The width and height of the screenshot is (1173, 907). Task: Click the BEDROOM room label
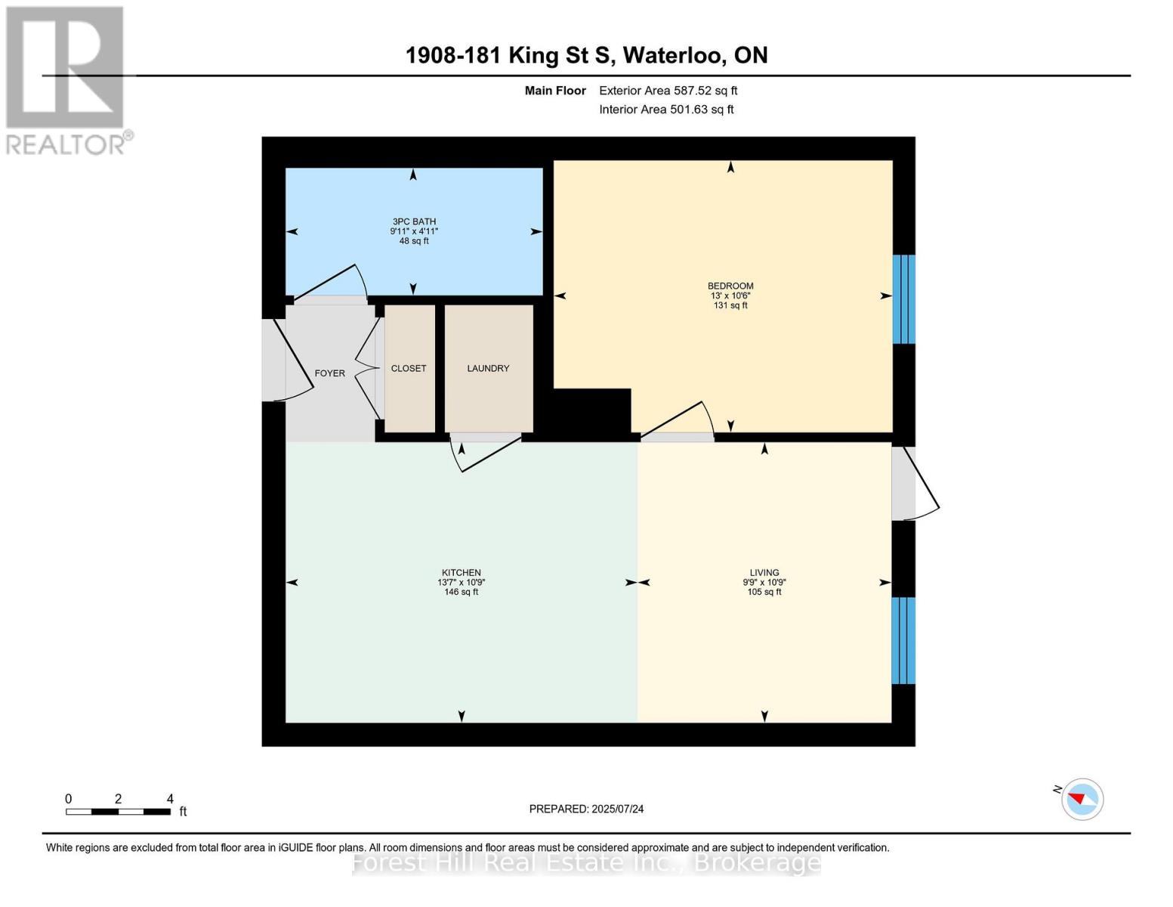pos(730,286)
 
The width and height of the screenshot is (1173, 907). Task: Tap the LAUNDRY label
pos(488,368)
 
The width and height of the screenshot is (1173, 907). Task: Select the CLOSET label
pos(409,368)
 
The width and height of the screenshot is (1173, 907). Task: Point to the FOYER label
pos(330,373)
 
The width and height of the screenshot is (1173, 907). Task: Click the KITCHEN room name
pos(461,573)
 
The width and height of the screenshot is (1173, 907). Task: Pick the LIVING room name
pos(764,573)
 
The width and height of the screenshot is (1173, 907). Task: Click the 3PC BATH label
pos(414,221)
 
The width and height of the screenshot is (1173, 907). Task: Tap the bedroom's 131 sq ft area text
pos(730,305)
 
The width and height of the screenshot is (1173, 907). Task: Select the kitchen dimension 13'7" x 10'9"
pos(461,582)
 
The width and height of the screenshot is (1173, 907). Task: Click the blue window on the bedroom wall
pos(903,299)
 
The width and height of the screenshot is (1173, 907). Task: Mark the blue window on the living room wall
pos(903,640)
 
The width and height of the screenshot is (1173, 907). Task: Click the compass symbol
pos(1082,800)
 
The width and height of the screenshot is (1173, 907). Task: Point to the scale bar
pos(119,811)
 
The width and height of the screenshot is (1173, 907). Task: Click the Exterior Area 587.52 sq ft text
pos(668,91)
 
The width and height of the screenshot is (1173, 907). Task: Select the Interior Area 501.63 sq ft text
pos(667,110)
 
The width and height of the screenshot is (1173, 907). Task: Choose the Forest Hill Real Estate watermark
pos(586,862)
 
